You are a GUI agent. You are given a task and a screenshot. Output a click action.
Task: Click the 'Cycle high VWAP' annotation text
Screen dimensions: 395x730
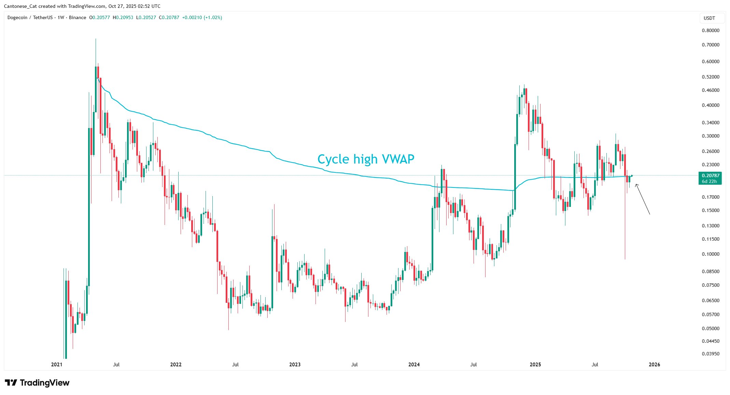(x=366, y=159)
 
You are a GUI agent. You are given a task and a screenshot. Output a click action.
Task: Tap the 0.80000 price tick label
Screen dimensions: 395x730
(x=711, y=30)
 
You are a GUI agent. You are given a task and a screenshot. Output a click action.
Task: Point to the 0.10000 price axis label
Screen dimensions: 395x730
(x=711, y=254)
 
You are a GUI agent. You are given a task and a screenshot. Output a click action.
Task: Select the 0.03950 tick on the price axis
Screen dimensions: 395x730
(x=711, y=354)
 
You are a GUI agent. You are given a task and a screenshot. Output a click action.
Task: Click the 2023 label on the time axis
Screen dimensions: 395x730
(x=295, y=365)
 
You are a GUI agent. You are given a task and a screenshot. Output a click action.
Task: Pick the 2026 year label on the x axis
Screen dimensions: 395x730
(x=654, y=365)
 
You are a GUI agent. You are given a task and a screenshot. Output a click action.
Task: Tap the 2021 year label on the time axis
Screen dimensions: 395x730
(x=57, y=365)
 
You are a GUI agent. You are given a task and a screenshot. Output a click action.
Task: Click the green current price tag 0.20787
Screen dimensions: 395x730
(x=710, y=175)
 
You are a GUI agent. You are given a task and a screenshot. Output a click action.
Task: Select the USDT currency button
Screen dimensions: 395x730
(x=709, y=18)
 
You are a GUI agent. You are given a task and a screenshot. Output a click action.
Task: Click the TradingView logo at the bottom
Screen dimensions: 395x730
(x=37, y=383)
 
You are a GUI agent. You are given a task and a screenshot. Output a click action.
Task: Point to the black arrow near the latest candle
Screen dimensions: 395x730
(x=642, y=199)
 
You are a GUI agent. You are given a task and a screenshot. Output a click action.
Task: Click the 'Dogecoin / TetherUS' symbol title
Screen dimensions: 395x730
(x=30, y=18)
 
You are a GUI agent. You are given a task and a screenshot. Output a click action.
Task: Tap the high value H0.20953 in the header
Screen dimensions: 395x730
(x=123, y=18)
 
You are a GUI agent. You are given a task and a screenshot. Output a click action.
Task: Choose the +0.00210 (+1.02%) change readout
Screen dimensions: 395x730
(x=202, y=18)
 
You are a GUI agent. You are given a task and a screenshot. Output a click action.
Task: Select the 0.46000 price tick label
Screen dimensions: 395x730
(x=711, y=90)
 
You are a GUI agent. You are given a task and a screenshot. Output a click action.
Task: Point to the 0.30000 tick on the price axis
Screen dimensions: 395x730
(x=711, y=136)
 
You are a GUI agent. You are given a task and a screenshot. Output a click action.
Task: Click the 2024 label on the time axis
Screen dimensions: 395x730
(x=414, y=365)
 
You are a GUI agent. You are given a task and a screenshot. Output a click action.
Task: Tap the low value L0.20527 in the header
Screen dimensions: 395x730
(x=146, y=18)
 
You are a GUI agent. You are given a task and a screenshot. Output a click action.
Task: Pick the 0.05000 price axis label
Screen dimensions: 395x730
(x=711, y=328)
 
